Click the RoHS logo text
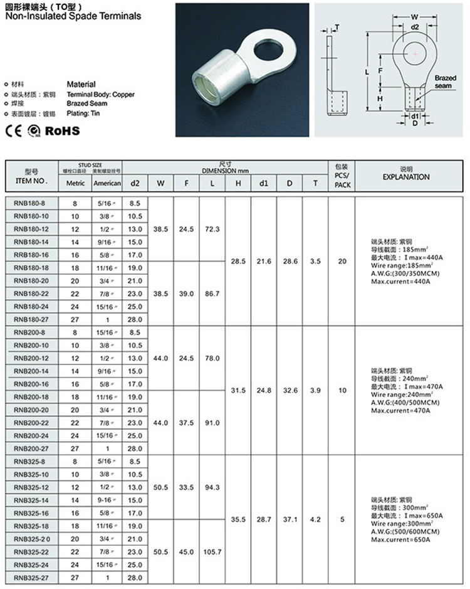tap(63, 130)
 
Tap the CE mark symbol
tap(14, 131)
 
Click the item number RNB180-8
tap(31, 203)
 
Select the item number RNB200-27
tap(31, 448)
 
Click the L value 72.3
tap(212, 230)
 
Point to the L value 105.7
tap(212, 551)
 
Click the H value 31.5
tap(238, 390)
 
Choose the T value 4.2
tap(315, 519)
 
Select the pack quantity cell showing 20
tap(342, 261)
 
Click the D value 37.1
tap(289, 519)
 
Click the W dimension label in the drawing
tap(414, 17)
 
